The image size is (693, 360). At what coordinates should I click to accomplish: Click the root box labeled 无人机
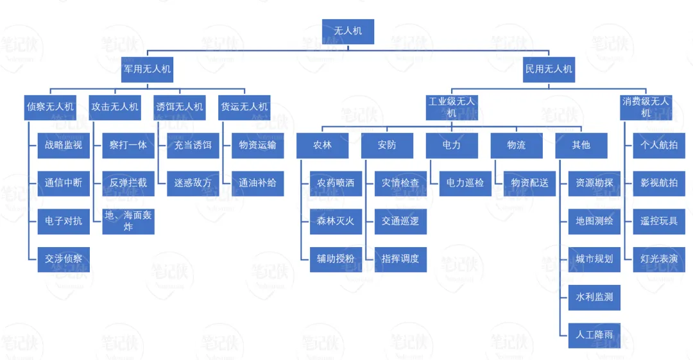click(x=347, y=31)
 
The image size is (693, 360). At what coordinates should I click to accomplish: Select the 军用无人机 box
click(x=148, y=69)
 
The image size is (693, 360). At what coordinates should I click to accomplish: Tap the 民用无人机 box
click(x=549, y=69)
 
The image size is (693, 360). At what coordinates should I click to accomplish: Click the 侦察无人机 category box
click(x=50, y=107)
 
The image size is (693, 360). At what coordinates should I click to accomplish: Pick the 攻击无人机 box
click(x=115, y=107)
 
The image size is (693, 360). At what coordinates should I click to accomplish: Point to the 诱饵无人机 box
click(x=180, y=107)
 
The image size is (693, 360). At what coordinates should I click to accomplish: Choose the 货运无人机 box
click(x=244, y=107)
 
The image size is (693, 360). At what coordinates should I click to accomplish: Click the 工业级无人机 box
click(x=452, y=107)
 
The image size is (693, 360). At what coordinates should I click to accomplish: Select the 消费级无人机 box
click(x=646, y=107)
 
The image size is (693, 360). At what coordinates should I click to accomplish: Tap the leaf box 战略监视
click(x=64, y=145)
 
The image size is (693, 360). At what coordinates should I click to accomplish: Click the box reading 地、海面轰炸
click(x=128, y=221)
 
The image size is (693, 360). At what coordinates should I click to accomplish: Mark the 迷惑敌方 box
click(x=193, y=183)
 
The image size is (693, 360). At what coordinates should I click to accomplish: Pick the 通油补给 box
click(x=258, y=183)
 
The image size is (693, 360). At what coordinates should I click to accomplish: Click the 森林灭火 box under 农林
click(x=336, y=221)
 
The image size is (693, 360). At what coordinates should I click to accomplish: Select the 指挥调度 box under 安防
click(x=400, y=259)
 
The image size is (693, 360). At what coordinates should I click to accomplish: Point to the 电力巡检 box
click(x=465, y=183)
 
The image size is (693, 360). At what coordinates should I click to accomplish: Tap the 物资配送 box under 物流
click(x=530, y=183)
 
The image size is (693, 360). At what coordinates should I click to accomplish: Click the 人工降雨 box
click(x=595, y=335)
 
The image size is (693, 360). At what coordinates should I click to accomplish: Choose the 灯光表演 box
click(x=659, y=259)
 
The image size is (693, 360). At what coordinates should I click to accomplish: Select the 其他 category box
click(x=581, y=145)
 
